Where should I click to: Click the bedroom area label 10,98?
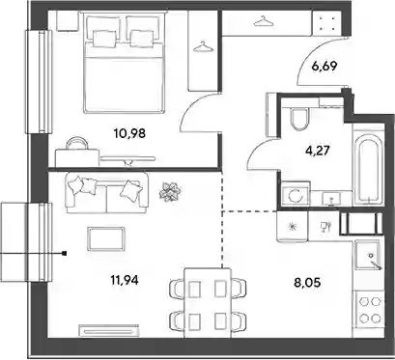129,132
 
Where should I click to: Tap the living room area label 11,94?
125,280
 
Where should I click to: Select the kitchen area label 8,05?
307,283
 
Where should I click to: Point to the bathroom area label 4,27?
317,151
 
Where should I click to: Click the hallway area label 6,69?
324,67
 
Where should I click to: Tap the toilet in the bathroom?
299,119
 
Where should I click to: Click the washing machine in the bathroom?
296,194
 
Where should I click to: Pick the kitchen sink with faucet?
369,256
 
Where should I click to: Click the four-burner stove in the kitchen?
370,310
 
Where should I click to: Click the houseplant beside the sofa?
170,192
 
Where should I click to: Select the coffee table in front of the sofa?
106,238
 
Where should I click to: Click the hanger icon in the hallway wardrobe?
264,21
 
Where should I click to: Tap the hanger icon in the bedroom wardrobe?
204,47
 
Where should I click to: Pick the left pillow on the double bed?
104,39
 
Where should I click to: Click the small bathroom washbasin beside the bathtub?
331,198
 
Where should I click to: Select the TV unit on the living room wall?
109,330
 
